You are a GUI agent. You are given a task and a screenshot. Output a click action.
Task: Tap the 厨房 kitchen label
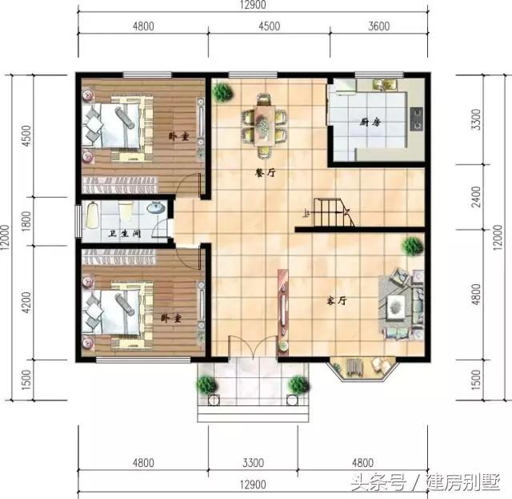click(369, 123)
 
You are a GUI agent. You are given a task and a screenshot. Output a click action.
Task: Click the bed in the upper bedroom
click(116, 124)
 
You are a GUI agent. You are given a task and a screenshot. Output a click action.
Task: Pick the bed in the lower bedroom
click(116, 308)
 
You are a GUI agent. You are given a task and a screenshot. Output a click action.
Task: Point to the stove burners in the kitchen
click(416, 120)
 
